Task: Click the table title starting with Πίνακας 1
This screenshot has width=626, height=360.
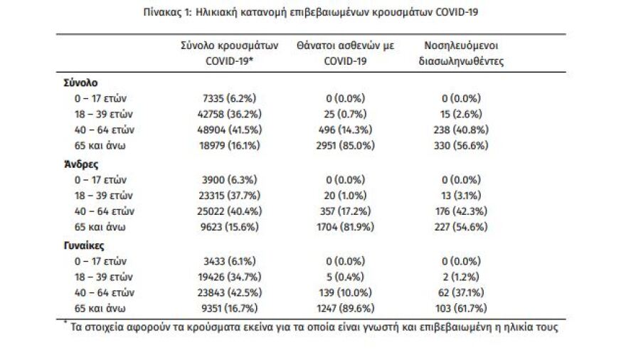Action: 314,11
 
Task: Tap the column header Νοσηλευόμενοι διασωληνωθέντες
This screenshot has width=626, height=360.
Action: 461,53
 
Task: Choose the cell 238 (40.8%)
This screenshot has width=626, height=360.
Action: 460,129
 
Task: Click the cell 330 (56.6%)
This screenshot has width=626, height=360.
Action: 460,145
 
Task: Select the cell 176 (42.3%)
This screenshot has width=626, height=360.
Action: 460,211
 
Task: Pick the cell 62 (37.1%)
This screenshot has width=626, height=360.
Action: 460,292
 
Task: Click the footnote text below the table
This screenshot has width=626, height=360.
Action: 314,328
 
